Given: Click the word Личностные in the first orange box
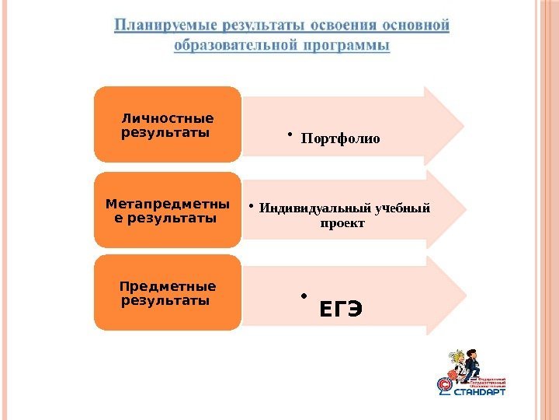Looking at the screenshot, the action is (x=168, y=118).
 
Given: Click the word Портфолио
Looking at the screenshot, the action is (x=340, y=139).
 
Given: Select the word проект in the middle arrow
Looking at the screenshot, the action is (x=342, y=224).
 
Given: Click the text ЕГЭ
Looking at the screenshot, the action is (x=339, y=310).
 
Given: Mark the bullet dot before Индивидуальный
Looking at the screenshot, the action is (x=252, y=206).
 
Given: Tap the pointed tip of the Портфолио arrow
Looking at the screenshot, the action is (x=463, y=125).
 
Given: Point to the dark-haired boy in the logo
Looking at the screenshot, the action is (x=472, y=361).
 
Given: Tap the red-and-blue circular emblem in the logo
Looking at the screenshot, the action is (x=445, y=384).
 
